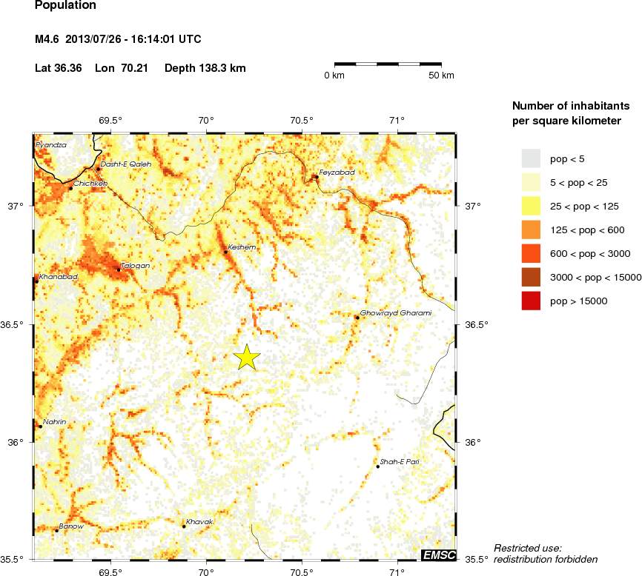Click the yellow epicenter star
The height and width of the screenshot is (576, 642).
tap(247, 357)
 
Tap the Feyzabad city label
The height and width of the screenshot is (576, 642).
tap(337, 172)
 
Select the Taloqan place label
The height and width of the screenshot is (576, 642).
tap(136, 264)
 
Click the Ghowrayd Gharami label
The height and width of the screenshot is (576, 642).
tap(396, 312)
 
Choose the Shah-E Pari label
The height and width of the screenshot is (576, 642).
tap(401, 461)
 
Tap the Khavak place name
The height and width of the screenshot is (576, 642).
tap(199, 522)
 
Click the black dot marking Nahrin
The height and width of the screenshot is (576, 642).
tap(41, 426)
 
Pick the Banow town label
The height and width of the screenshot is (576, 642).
tap(71, 526)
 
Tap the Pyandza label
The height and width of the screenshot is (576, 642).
tap(51, 145)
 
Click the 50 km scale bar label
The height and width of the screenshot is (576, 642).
tap(443, 76)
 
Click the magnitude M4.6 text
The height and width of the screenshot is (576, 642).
tap(47, 38)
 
